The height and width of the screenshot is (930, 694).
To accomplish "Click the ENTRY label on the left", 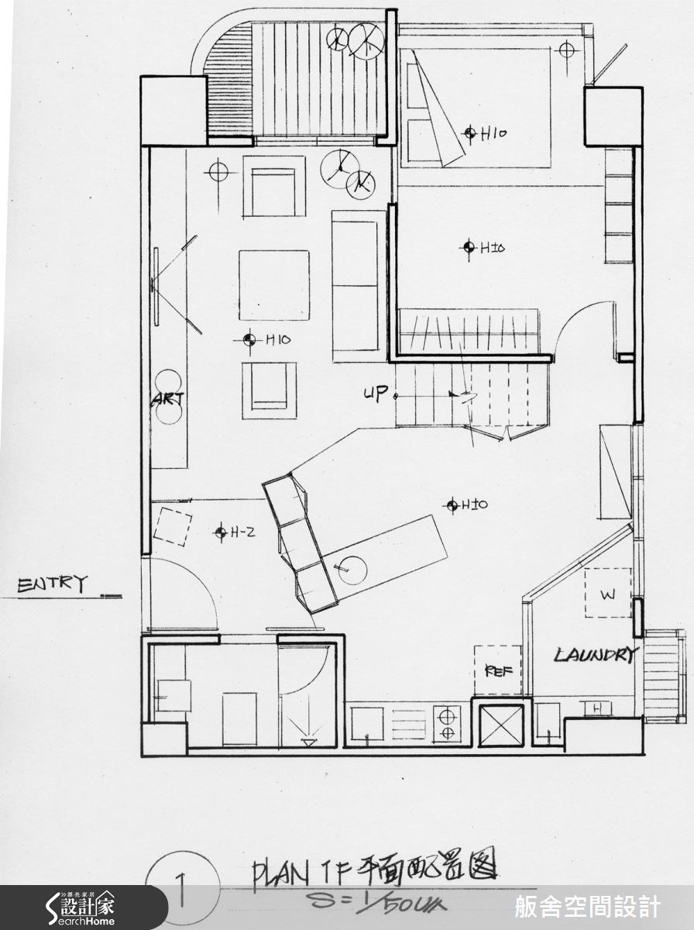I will click(x=53, y=584).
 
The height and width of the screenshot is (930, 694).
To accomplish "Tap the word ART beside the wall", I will click(x=168, y=399).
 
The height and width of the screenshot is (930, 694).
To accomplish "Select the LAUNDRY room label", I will click(x=595, y=655).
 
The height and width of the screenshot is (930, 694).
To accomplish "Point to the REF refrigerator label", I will click(x=494, y=670).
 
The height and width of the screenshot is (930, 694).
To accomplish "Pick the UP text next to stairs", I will click(x=376, y=394).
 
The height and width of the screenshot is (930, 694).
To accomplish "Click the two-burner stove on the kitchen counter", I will click(x=447, y=722).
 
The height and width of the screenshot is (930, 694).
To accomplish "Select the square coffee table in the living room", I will click(x=273, y=285).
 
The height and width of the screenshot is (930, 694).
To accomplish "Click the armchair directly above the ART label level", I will click(x=269, y=390).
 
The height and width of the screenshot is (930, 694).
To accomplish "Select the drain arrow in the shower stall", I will click(x=309, y=742).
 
